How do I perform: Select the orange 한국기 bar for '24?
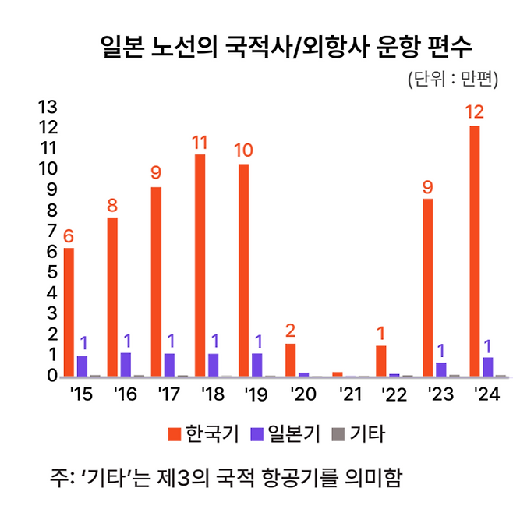click(x=474, y=249)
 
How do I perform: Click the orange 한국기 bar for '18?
click(x=200, y=265)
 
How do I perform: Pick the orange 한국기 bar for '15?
click(x=69, y=312)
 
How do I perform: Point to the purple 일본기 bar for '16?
click(x=126, y=364)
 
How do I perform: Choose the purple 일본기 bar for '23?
click(x=441, y=369)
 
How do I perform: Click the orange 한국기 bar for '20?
click(x=290, y=359)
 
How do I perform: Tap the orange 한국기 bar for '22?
click(x=381, y=361)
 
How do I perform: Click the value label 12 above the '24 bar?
click(x=474, y=112)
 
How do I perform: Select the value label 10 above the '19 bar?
click(x=244, y=150)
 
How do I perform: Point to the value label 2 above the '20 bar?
click(x=290, y=331)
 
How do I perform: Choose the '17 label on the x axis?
click(x=168, y=394)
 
